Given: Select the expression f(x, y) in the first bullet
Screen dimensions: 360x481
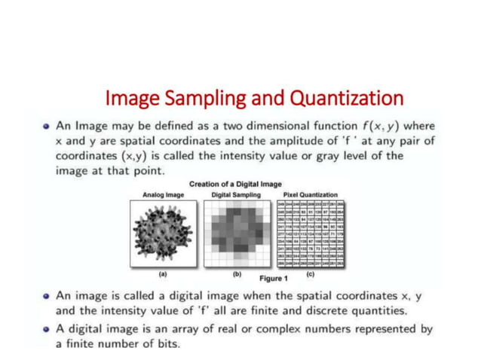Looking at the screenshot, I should coord(384,126).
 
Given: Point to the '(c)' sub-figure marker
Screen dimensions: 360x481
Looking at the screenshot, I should coord(310,274).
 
